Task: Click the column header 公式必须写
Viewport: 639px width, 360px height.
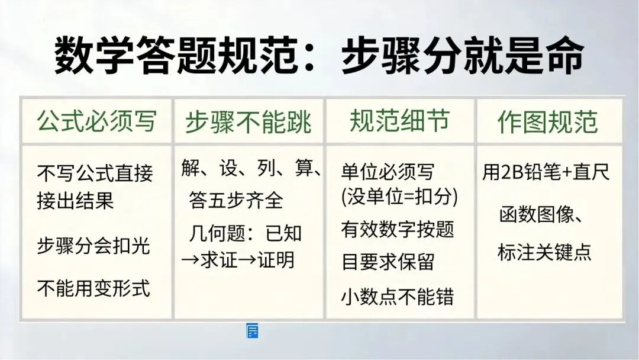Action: pyautogui.click(x=96, y=121)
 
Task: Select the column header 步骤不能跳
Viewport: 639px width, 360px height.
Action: pyautogui.click(x=248, y=121)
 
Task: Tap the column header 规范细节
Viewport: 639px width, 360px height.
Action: pyautogui.click(x=399, y=121)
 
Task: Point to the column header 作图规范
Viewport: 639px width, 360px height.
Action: pyautogui.click(x=547, y=121)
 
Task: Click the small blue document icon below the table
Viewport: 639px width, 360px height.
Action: pyautogui.click(x=252, y=330)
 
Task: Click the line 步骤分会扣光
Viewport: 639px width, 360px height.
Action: pyautogui.click(x=93, y=246)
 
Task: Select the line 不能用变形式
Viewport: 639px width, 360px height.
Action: pyautogui.click(x=93, y=288)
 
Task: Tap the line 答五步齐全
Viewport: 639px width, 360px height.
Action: pyautogui.click(x=235, y=200)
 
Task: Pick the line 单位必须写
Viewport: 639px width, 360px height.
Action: pyautogui.click(x=388, y=172)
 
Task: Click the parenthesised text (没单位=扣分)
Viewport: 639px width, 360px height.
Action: pyautogui.click(x=399, y=197)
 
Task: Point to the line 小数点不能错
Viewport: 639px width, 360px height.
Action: pyautogui.click(x=398, y=297)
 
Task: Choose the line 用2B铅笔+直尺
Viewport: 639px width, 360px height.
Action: pyautogui.click(x=546, y=172)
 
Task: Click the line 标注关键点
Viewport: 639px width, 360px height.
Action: pyautogui.click(x=544, y=252)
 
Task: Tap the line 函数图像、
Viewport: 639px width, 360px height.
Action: pyautogui.click(x=541, y=214)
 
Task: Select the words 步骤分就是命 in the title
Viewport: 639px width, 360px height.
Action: pyautogui.click(x=463, y=55)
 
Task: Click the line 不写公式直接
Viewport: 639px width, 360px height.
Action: pyautogui.click(x=95, y=173)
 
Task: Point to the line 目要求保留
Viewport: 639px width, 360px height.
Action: pyautogui.click(x=388, y=261)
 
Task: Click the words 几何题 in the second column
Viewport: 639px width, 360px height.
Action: pyautogui.click(x=217, y=234)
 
